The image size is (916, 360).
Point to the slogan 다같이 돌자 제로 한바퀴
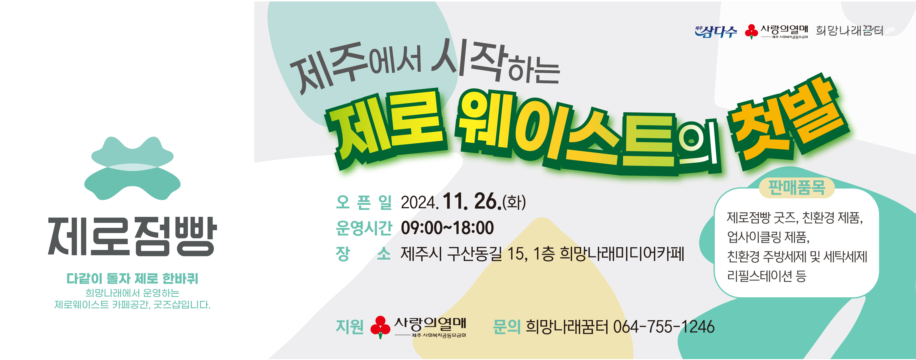point(132,278)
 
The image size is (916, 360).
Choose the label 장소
point(363,254)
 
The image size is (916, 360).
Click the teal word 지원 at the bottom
point(350,327)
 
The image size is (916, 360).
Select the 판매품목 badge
point(796,188)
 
